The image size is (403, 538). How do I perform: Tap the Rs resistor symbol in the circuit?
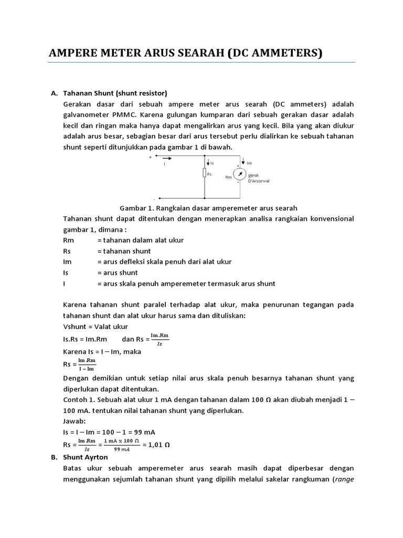coord(204,174)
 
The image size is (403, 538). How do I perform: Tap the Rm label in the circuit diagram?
coord(228,177)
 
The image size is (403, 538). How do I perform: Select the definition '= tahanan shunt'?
coord(124,251)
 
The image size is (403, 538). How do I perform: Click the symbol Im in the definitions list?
coord(67,262)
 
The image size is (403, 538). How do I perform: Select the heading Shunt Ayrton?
coord(86,457)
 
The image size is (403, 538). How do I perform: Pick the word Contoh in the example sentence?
coord(75,400)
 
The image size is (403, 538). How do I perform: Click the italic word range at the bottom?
coord(344,479)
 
